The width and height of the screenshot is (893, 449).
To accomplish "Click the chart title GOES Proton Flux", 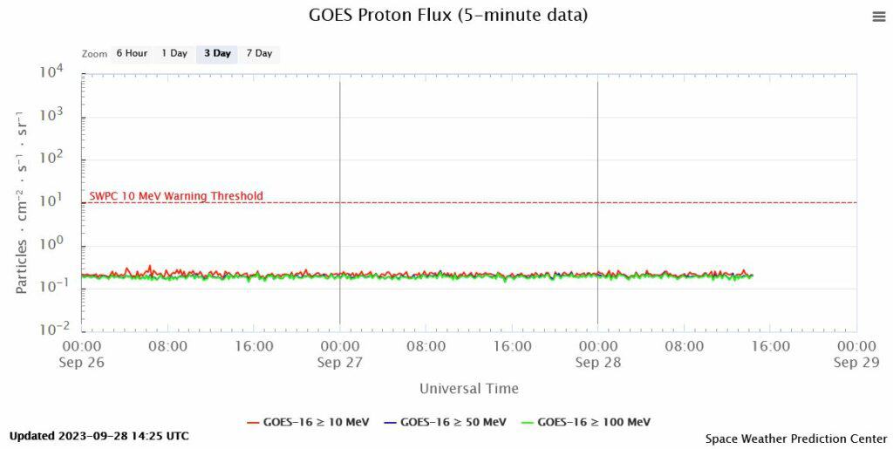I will [448, 16].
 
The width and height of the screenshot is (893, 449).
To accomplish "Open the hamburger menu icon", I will [878, 17].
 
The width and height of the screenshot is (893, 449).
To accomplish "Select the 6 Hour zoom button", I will [132, 53].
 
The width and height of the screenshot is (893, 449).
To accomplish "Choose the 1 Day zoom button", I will [174, 53].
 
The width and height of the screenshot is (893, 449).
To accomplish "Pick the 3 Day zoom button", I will [217, 53].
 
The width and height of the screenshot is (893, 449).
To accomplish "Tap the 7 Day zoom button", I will [259, 53].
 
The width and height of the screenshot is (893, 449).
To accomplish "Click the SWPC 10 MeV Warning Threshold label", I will [176, 196].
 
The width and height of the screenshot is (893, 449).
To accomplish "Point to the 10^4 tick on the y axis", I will [51, 73].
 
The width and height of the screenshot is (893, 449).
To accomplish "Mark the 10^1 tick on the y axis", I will [51, 201].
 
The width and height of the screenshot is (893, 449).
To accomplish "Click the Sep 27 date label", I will [340, 363].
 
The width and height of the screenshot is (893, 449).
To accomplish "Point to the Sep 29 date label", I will [857, 363].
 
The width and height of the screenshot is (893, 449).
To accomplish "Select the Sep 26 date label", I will [82, 363].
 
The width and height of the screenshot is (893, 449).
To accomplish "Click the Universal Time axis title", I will [468, 389].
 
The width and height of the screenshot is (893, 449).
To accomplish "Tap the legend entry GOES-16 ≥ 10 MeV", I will [309, 423].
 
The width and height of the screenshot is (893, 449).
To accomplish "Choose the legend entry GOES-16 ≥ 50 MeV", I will [444, 423].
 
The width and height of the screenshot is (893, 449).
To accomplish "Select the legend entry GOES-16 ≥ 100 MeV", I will [583, 423].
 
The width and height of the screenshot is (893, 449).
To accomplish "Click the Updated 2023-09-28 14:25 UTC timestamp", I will [99, 436].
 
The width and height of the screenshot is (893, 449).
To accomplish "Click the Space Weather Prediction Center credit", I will [794, 438].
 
